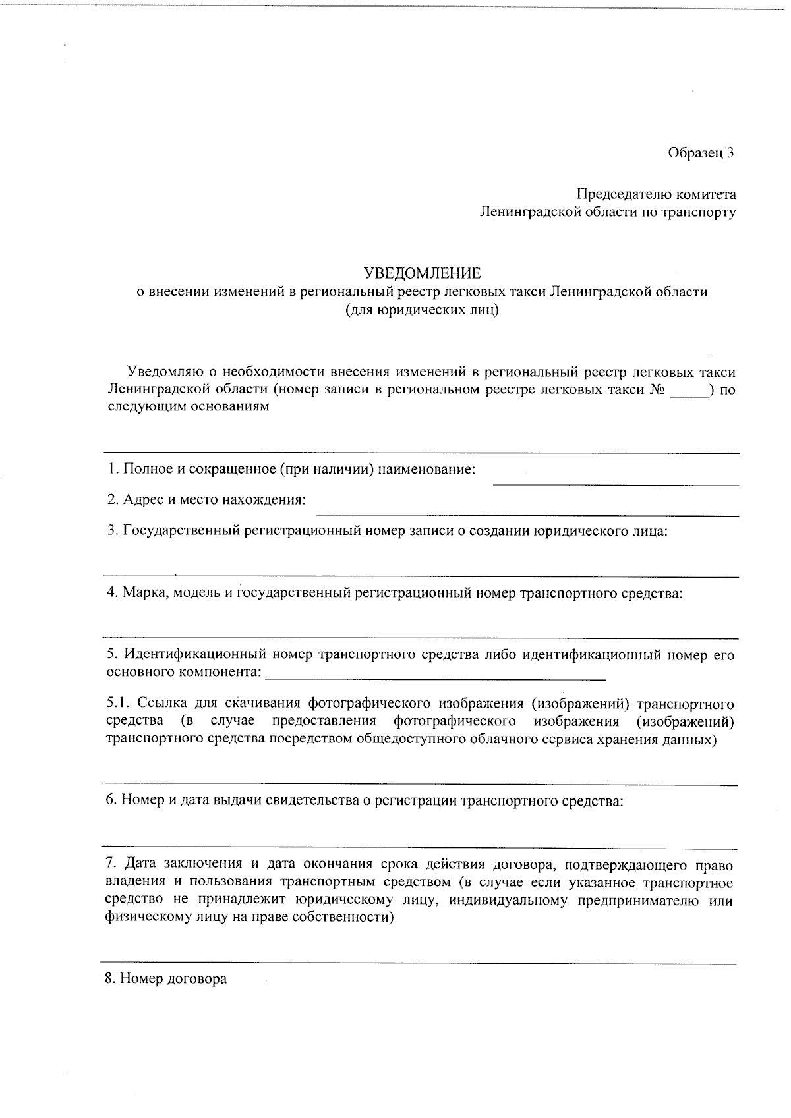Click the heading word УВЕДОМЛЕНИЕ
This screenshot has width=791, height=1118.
coord(423,273)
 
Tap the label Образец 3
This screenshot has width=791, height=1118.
coord(701,153)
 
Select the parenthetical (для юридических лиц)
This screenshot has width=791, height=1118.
coord(422,310)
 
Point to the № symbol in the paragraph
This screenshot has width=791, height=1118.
coord(657,389)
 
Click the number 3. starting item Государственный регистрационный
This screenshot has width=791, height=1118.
coord(113,530)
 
